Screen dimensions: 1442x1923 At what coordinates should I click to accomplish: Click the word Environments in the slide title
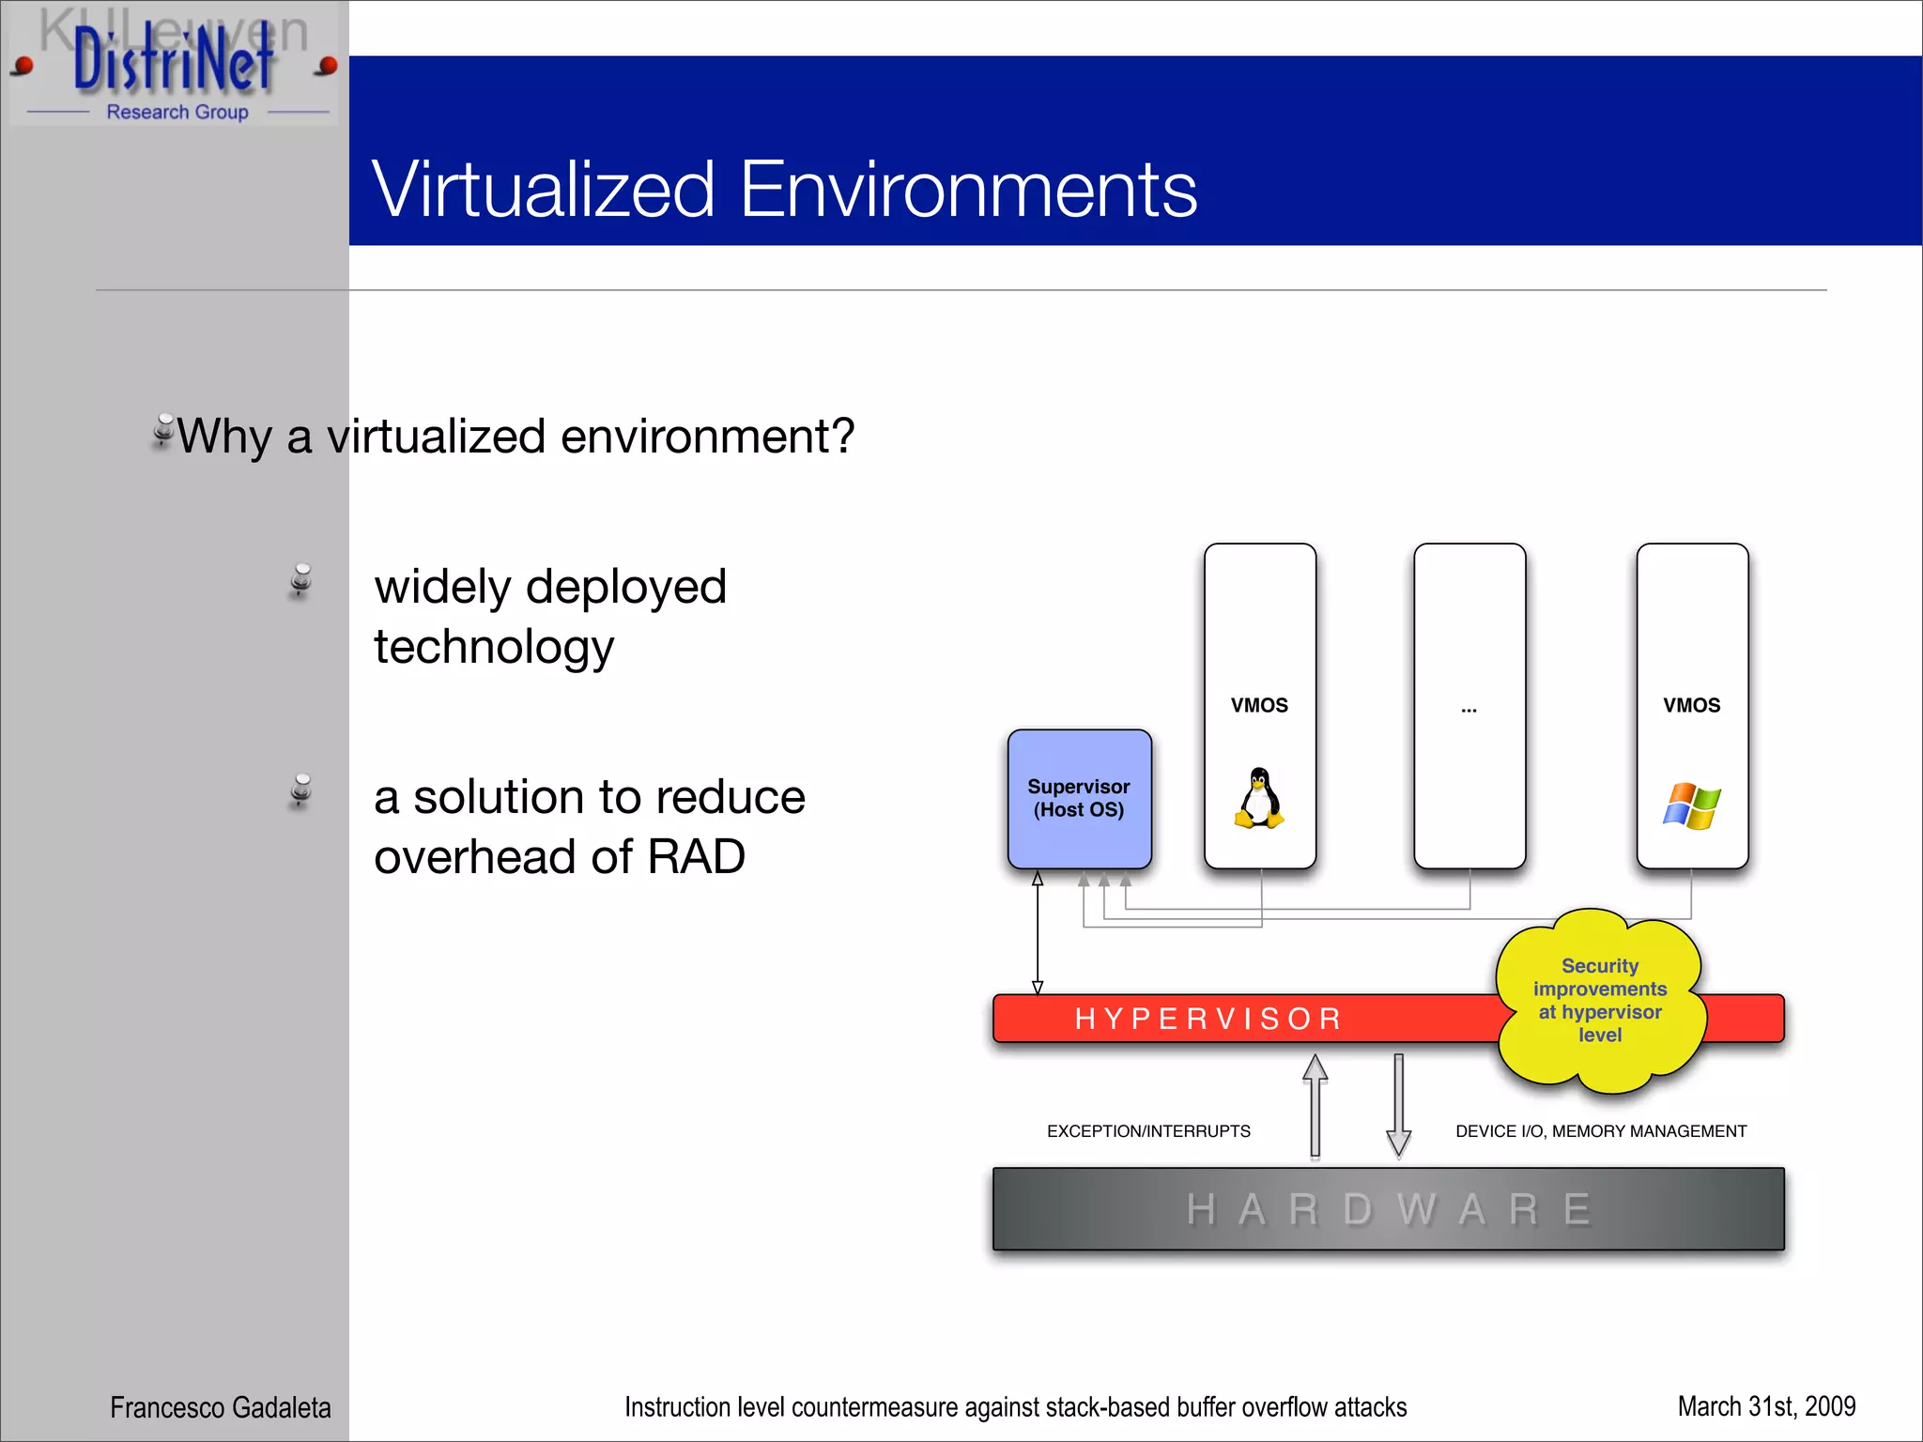coord(967,190)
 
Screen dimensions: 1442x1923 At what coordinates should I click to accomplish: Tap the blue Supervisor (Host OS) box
coord(1079,798)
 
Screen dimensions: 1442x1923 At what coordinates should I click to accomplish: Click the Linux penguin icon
coord(1258,799)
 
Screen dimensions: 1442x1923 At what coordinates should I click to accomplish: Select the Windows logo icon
coord(1691,805)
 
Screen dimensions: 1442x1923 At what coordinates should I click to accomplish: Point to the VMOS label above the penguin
coord(1259,705)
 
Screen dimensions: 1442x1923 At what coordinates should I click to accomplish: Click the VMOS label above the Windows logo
coord(1691,705)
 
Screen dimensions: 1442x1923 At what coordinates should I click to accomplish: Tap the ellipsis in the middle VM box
coord(1469,710)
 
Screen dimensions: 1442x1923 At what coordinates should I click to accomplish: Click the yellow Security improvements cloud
coord(1599,1000)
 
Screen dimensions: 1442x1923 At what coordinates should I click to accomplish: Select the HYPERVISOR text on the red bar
coord(1208,1019)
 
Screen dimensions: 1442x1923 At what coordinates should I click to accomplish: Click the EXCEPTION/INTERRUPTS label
coord(1148,1131)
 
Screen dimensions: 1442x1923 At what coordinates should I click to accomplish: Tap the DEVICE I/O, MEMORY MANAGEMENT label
coord(1600,1131)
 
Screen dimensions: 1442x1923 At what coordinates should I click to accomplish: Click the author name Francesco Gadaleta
coord(220,1407)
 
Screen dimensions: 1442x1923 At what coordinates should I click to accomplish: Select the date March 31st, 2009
coord(1765,1406)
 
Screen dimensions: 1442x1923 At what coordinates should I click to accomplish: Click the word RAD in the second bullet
coord(696,856)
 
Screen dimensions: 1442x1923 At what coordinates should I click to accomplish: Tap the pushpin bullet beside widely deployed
coord(300,581)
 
